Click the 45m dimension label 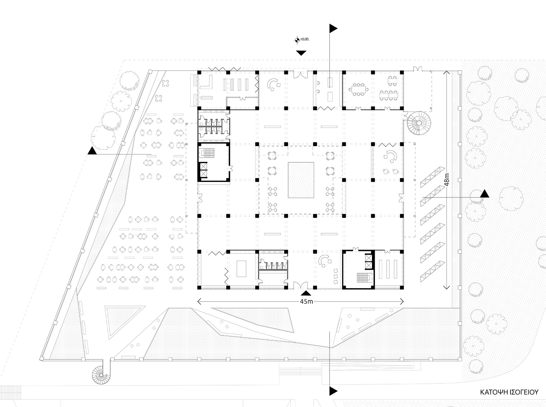click(306, 301)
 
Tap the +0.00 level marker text click(304, 40)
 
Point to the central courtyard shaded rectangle click(301, 180)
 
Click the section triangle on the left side click(92, 151)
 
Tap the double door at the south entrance click(301, 285)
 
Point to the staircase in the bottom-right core click(361, 278)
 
